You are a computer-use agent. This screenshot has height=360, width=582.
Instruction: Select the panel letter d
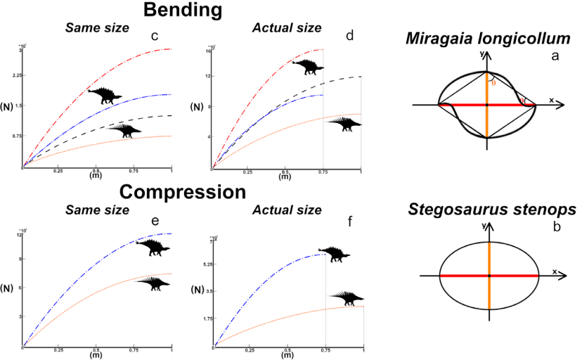coord(350,34)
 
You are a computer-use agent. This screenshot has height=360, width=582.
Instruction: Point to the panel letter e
coord(155,223)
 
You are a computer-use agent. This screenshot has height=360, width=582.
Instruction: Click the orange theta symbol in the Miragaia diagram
coord(493,82)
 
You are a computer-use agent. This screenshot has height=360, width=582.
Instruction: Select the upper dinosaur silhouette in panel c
coord(104,95)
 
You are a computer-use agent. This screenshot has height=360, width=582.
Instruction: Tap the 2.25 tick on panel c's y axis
coord(16,75)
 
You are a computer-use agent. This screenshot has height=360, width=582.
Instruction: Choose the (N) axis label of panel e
coord(8,288)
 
